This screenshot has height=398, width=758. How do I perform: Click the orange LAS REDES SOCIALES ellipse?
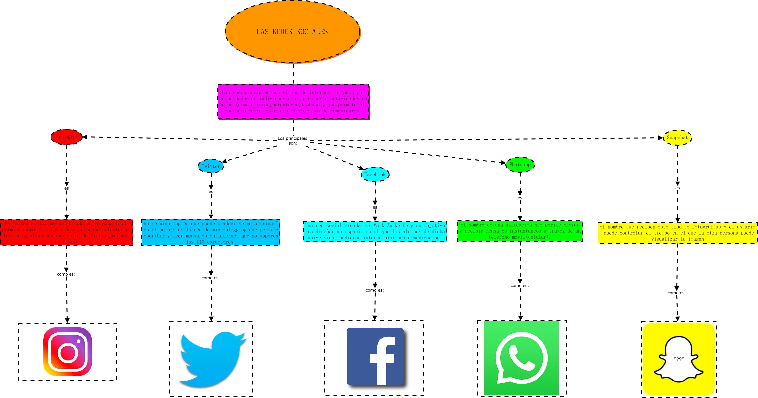293,32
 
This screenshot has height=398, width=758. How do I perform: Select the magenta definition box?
293,102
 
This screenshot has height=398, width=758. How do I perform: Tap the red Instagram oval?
67,137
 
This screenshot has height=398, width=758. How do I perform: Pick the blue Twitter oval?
211,166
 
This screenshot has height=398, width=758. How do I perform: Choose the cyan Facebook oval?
375,174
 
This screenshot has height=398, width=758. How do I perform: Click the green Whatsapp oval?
520,165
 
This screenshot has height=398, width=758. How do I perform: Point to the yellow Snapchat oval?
677,138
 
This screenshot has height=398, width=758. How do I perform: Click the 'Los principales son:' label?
292,141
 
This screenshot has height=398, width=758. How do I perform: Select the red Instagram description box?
67,232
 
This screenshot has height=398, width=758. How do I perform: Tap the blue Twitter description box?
211,232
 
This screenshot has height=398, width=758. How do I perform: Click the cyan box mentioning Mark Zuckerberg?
375,231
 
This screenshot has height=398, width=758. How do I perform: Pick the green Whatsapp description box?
520,231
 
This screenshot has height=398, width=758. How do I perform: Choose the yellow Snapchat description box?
677,233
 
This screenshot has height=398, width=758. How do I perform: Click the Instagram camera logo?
68,351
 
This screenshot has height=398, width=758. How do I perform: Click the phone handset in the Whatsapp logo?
521,358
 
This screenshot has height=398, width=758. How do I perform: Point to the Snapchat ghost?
679,358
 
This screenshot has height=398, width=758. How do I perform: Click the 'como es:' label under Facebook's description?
375,290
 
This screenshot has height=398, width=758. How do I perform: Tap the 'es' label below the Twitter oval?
211,192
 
